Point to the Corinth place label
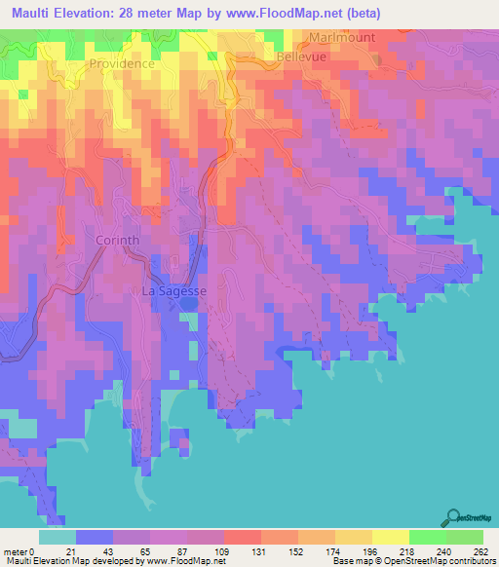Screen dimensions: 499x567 [118, 240]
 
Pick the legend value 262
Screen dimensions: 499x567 [480, 551]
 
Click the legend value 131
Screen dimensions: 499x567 [260, 551]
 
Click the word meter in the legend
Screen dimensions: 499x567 [17, 551]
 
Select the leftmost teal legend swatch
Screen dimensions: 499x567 [58, 537]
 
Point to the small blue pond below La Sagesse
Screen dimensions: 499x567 [187, 304]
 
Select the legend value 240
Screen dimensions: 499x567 [443, 551]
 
